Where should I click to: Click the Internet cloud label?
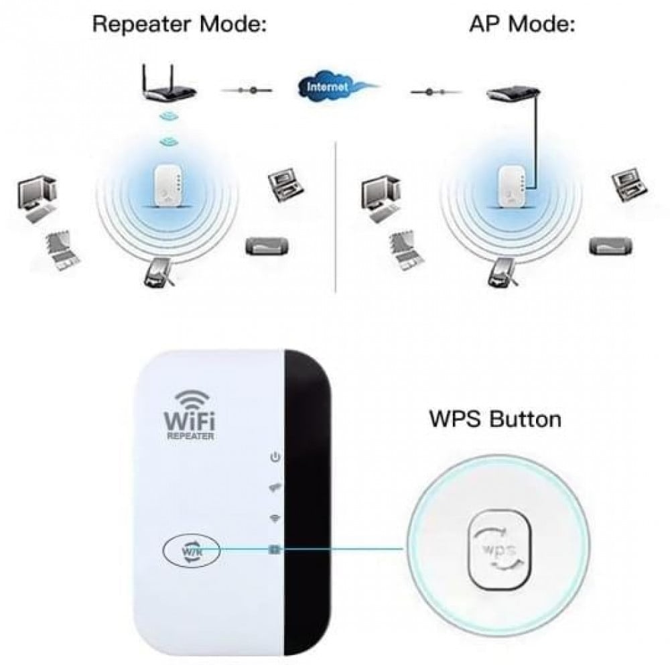point(328,87)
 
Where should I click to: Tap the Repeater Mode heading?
point(180,23)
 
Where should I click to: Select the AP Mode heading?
point(522,23)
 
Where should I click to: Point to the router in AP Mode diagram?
point(513,94)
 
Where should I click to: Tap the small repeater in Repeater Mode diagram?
point(168,186)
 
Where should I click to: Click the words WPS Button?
point(495,419)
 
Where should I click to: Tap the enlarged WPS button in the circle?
point(499,549)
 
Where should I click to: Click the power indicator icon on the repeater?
point(275,457)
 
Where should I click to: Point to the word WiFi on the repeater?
point(190,420)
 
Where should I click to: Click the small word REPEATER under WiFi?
point(190,436)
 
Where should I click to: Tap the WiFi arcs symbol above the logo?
point(192,400)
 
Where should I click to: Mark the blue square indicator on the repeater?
point(274,549)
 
